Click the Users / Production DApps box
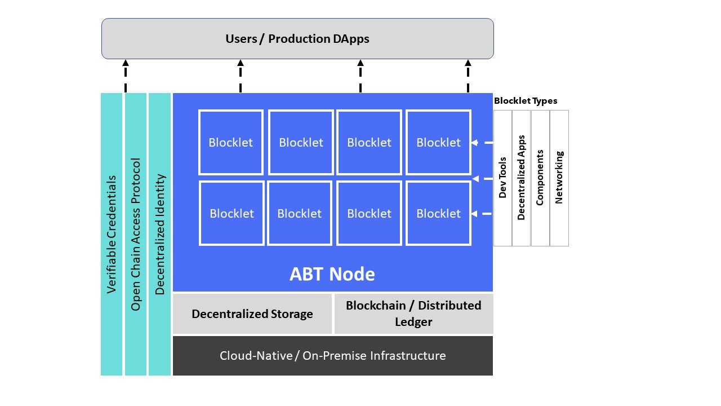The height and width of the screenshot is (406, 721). [297, 39]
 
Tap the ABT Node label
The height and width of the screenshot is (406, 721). [332, 274]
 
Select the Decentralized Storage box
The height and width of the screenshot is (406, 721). [252, 314]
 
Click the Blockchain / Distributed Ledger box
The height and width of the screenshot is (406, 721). [413, 314]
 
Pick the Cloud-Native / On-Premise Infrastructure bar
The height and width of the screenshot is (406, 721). [333, 356]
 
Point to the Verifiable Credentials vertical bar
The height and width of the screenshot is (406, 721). [112, 234]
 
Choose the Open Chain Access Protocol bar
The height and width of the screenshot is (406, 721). [136, 234]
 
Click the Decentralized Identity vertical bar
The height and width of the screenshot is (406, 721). [159, 234]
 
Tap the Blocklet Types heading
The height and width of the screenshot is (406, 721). [526, 101]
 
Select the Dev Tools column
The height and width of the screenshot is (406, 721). [503, 178]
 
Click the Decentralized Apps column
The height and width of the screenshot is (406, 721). [521, 178]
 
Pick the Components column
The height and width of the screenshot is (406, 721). [540, 178]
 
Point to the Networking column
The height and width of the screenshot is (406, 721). [559, 178]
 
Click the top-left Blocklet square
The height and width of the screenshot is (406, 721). [231, 143]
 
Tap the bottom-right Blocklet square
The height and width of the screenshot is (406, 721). [438, 213]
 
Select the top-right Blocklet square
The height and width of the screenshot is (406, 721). [438, 143]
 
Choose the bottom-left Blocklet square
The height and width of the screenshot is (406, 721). [232, 213]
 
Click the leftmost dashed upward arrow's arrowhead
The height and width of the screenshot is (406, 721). [126, 63]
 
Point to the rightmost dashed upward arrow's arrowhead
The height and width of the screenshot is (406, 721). [468, 63]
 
